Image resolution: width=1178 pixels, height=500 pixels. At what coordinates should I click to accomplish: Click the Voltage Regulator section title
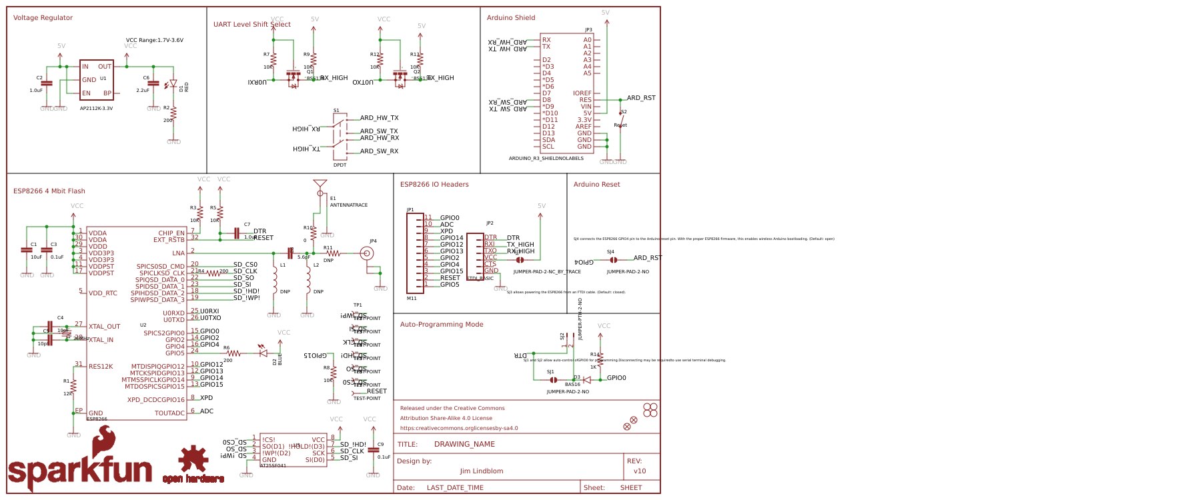pos(43,18)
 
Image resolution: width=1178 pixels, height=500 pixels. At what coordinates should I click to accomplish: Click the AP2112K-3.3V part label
pos(96,108)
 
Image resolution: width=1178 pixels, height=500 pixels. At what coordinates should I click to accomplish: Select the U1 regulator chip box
pos(97,79)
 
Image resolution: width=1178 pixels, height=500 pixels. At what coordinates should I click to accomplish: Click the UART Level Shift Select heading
pos(251,25)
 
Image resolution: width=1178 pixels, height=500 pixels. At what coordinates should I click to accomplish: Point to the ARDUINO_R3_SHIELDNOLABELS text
pos(546,159)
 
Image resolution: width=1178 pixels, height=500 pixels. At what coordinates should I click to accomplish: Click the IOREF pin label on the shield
pos(582,93)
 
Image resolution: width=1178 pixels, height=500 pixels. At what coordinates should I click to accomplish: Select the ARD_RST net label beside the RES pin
pos(640,98)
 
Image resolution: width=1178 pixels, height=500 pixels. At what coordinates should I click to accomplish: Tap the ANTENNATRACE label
pos(348,205)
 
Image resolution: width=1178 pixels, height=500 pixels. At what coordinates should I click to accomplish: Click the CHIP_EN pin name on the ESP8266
pos(171,233)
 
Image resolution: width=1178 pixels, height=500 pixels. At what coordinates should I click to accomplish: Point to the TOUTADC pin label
pos(169,413)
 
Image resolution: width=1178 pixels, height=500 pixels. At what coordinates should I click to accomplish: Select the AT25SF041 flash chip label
pos(273,466)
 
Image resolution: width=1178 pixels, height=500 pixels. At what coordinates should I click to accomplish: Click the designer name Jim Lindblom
pos(481,471)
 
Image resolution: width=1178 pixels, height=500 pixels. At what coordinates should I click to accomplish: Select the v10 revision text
pos(639,471)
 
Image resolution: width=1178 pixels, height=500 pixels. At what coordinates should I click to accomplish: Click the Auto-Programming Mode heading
pos(441,325)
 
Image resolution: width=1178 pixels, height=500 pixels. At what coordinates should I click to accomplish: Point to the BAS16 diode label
pos(572,385)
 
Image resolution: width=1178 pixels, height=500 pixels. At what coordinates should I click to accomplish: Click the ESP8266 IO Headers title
pos(434,185)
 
